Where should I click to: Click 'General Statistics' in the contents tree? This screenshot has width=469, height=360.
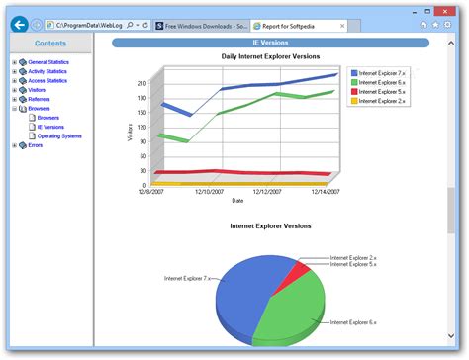point(47,62)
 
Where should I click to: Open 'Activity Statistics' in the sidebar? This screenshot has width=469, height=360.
point(47,71)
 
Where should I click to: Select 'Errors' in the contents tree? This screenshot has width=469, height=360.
point(35,145)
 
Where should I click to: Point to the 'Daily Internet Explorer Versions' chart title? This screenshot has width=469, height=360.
point(269,57)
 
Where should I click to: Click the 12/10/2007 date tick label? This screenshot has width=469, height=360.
point(209,192)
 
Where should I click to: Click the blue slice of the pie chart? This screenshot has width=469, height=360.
point(241,297)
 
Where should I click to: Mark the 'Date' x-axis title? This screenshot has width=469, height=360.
point(237,201)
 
